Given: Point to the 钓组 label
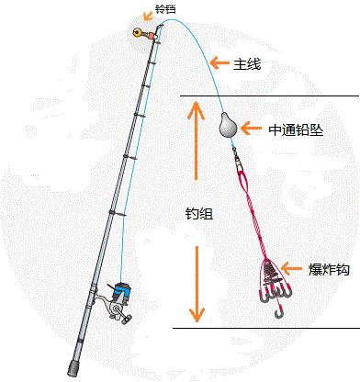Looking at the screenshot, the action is [x=199, y=213].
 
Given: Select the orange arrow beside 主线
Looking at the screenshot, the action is [x=219, y=62].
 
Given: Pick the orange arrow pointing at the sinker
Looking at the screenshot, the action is [x=252, y=130].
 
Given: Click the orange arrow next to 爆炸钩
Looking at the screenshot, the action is [x=293, y=269].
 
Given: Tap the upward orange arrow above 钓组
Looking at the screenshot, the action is [x=195, y=138].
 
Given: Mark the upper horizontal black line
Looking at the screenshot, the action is [x=266, y=96].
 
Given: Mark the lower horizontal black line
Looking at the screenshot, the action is [x=266, y=327].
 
